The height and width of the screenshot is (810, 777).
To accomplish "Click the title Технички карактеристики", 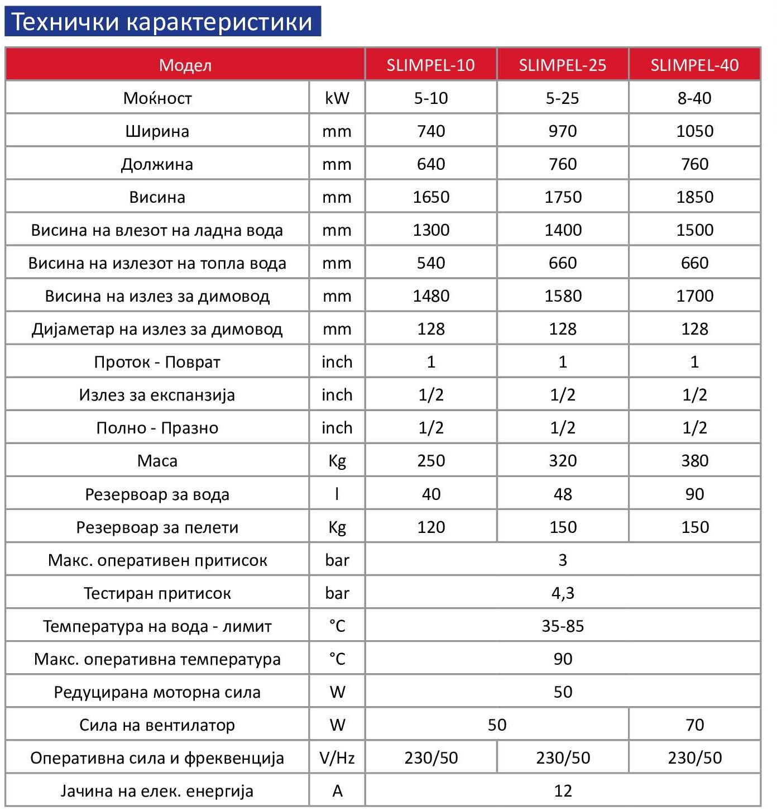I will [162, 22].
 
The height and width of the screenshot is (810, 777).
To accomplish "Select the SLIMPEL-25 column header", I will [562, 65].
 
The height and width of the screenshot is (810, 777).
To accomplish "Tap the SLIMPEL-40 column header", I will [694, 65].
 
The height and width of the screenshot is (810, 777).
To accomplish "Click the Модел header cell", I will [185, 65].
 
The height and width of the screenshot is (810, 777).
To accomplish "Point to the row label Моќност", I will [157, 98].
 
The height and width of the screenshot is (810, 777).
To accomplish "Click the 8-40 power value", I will [694, 98].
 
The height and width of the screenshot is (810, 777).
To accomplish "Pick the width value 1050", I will [694, 131].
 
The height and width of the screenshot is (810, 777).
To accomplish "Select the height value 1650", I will [431, 197].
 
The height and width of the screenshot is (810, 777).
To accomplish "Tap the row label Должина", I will [157, 164].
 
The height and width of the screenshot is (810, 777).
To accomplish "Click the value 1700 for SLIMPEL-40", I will [694, 296].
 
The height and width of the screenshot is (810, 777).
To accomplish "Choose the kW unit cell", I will [337, 98].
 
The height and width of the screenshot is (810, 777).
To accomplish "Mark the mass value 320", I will [562, 461].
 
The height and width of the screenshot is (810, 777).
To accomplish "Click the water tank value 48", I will [562, 494].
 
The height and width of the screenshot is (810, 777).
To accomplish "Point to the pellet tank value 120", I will [431, 527].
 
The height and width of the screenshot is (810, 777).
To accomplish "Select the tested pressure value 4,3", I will [562, 593].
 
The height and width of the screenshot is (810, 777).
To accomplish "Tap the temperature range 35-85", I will [562, 626].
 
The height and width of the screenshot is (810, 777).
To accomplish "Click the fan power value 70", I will [694, 725].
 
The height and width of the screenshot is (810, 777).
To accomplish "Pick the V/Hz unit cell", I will [337, 757].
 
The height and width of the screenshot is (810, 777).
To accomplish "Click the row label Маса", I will [157, 461].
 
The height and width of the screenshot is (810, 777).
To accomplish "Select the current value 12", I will [562, 790].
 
